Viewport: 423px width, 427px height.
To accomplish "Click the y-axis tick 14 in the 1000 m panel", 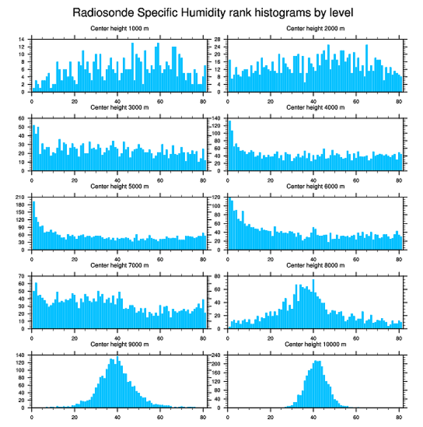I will [x=22, y=39].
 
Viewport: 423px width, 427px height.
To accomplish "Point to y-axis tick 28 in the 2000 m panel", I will [x=218, y=39].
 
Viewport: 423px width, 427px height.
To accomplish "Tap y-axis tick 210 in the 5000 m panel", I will [x=21, y=197].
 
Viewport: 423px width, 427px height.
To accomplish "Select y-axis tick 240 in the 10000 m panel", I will [x=217, y=355].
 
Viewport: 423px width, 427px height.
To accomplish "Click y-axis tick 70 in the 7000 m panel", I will [x=22, y=276].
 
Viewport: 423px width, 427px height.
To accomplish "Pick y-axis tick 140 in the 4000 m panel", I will [x=217, y=119].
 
